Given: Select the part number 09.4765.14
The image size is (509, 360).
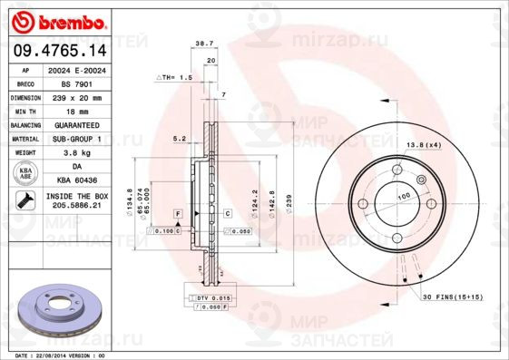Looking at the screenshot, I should click(x=56, y=53).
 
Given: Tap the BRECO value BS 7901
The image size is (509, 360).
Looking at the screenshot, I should click(x=76, y=83).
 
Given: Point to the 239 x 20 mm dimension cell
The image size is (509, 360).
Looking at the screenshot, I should click(x=76, y=96).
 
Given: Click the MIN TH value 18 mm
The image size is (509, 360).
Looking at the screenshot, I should click(x=76, y=111).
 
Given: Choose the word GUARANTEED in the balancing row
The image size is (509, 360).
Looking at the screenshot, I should click(x=76, y=124).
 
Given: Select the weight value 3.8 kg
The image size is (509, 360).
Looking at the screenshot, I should click(x=76, y=152).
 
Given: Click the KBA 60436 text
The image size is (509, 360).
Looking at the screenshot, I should click(x=76, y=180).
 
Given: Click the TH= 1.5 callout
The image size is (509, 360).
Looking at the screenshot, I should click(x=175, y=78).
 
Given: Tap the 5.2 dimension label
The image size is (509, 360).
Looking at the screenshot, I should click(x=179, y=139).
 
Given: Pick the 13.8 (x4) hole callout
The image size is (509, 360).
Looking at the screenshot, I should click(x=423, y=145).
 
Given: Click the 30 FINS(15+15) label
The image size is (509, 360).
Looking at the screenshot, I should click(x=452, y=297).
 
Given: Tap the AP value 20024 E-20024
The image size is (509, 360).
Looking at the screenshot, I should click(x=76, y=69).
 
